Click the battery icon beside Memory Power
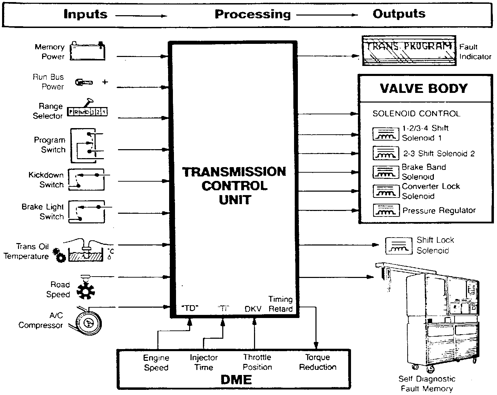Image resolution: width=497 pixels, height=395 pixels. click(87, 51)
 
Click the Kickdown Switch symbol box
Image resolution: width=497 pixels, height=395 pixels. click(86, 180)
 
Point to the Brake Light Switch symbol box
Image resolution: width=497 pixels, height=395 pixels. click(87, 212)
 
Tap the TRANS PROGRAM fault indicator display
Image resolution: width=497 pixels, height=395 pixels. click(409, 50)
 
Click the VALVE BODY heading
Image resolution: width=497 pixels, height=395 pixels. click(424, 88)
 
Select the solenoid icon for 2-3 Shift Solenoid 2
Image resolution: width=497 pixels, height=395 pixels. click(386, 153)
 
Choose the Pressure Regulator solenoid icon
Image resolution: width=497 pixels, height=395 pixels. click(386, 210)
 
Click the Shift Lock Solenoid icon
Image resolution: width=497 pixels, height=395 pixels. click(399, 245)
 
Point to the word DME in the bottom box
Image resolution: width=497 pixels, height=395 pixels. click(236, 379)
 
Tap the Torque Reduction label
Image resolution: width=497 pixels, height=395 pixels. click(318, 362)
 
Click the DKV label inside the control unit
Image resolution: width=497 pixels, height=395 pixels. click(253, 309)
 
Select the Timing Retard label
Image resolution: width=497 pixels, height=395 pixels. click(280, 304)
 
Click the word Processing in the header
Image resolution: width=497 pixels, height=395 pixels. click(253, 14)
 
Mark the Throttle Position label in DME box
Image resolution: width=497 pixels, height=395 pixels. click(257, 362)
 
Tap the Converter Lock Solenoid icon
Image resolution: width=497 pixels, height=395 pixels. click(386, 191)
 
